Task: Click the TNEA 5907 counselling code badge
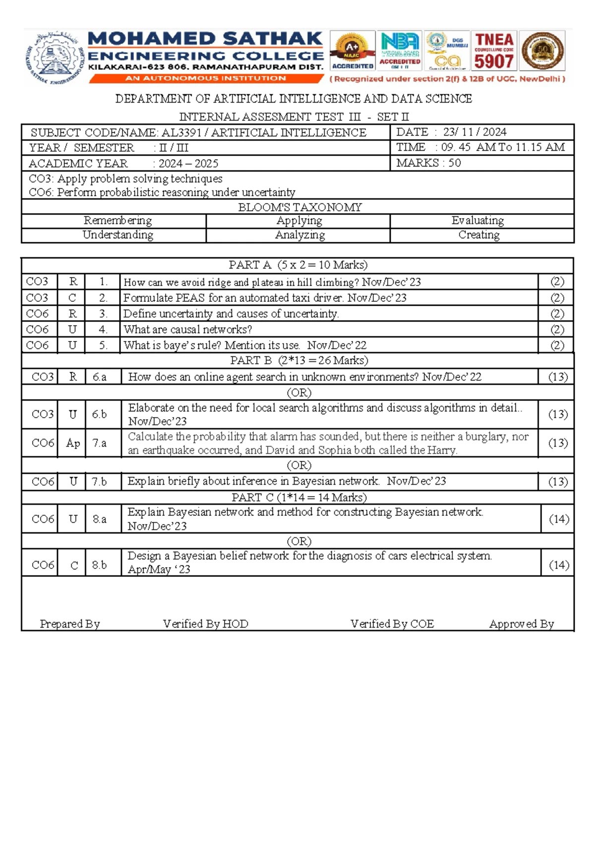494,52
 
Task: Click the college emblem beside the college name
55,58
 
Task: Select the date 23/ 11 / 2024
475,132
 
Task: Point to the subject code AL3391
181,133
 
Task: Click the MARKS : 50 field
428,163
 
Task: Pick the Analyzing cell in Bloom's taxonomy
299,235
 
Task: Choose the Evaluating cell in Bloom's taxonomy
477,221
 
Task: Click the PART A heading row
297,265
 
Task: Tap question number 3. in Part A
103,314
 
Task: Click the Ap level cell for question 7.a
73,443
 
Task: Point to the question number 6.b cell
99,414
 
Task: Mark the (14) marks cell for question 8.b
559,565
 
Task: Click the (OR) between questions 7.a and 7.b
299,465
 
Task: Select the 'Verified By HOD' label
205,624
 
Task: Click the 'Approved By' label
521,624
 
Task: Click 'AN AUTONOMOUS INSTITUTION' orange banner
205,78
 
